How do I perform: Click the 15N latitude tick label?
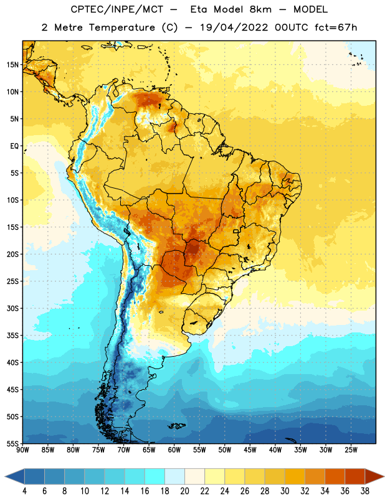pyautogui.click(x=12, y=65)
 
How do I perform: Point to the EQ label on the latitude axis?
pyautogui.click(x=14, y=146)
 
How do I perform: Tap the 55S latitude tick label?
pyautogui.click(x=12, y=443)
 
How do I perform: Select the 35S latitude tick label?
pyautogui.click(x=12, y=336)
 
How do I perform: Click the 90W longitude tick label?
pyautogui.click(x=22, y=450)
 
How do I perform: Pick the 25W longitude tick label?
pyautogui.click(x=351, y=450)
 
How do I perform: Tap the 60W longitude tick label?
pyautogui.click(x=174, y=450)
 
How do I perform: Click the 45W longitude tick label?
pyautogui.click(x=250, y=450)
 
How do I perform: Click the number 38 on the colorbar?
pyautogui.click(x=365, y=491)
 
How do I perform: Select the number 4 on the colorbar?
pyautogui.click(x=24, y=491)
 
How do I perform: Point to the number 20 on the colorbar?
pyautogui.click(x=184, y=491)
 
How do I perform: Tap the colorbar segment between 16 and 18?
pyautogui.click(x=155, y=477)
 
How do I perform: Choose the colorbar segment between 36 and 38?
pyautogui.click(x=355, y=477)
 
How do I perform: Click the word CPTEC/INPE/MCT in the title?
pyautogui.click(x=117, y=9)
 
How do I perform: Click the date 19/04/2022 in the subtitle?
pyautogui.click(x=234, y=27)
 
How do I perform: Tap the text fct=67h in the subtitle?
pyautogui.click(x=336, y=27)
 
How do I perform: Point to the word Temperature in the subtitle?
pyautogui.click(x=121, y=27)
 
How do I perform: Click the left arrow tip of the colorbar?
pyautogui.click(x=5, y=477)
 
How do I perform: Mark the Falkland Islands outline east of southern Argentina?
pyautogui.click(x=177, y=426)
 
